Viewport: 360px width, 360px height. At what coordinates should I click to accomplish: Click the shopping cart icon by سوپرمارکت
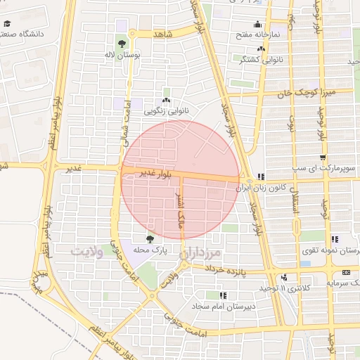pos(322,158)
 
